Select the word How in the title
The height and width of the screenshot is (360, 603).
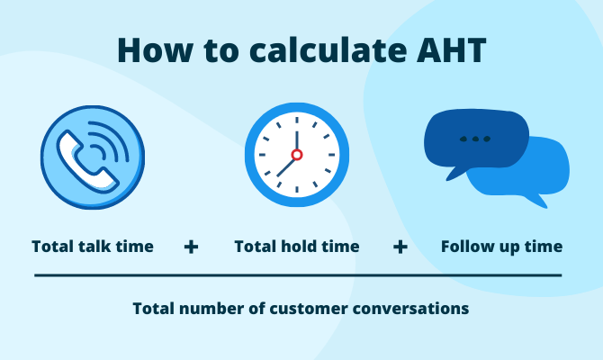coord(156,50)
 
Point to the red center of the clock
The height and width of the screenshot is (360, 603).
coord(296,155)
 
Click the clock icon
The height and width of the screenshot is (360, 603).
coord(296,155)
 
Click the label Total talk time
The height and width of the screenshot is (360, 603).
coord(93,246)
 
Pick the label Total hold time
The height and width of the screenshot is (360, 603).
coord(297,246)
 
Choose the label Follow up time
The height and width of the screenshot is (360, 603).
coord(501,246)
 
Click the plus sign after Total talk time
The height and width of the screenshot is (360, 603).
coord(191,246)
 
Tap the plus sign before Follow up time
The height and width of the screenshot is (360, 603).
coord(400,246)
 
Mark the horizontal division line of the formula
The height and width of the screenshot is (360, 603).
coord(298,275)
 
